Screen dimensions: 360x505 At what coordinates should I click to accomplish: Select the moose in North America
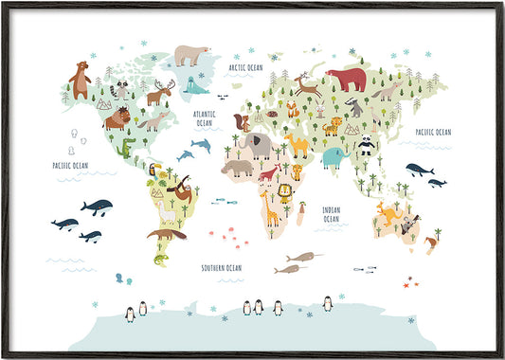(x=159, y=93)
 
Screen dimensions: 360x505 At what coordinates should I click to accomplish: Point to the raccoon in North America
(x=120, y=90)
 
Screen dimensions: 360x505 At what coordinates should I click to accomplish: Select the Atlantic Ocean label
(x=205, y=118)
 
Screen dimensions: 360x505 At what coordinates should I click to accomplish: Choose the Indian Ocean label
(x=331, y=214)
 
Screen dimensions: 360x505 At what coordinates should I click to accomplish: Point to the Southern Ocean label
(x=221, y=268)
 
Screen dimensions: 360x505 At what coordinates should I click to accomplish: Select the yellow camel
(x=297, y=143)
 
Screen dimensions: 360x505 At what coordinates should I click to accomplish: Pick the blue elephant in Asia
(x=332, y=156)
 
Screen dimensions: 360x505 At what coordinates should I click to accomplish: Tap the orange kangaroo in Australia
(x=388, y=213)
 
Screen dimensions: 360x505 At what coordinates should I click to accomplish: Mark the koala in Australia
(x=409, y=225)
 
